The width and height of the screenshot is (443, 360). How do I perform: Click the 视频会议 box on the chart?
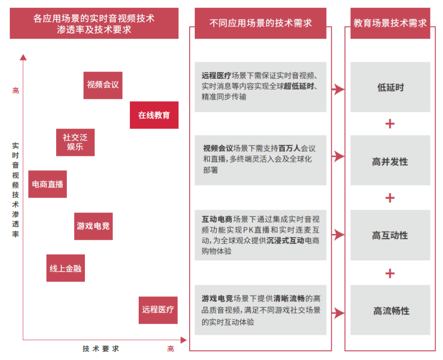click(x=103, y=85)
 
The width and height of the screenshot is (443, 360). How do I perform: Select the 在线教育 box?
click(x=154, y=115)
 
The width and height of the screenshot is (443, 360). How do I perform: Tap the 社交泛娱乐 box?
click(x=75, y=142)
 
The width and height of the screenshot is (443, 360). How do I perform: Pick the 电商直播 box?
click(x=47, y=184)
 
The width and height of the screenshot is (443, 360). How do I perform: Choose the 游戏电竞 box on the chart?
click(x=93, y=226)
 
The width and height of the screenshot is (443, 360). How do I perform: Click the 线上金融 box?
click(x=65, y=268)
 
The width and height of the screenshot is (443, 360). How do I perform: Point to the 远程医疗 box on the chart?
click(x=158, y=310)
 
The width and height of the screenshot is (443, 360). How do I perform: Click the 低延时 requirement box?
click(x=390, y=87)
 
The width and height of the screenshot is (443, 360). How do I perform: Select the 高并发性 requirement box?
click(x=390, y=161)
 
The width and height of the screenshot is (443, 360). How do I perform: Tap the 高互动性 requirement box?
click(x=390, y=236)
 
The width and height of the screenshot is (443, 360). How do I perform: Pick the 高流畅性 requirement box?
click(x=390, y=311)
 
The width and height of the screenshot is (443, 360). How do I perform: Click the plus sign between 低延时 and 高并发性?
click(x=390, y=124)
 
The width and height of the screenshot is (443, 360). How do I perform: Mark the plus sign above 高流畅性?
click(x=390, y=273)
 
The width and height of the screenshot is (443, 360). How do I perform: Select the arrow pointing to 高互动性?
click(x=338, y=235)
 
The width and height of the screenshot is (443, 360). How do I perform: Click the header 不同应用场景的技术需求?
click(x=260, y=23)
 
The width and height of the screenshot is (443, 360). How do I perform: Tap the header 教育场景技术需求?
click(x=390, y=23)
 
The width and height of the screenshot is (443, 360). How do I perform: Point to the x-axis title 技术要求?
click(x=101, y=349)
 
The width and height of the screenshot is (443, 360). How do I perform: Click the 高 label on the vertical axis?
click(x=16, y=91)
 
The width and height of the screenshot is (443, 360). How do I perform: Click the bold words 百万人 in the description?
click(x=289, y=149)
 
